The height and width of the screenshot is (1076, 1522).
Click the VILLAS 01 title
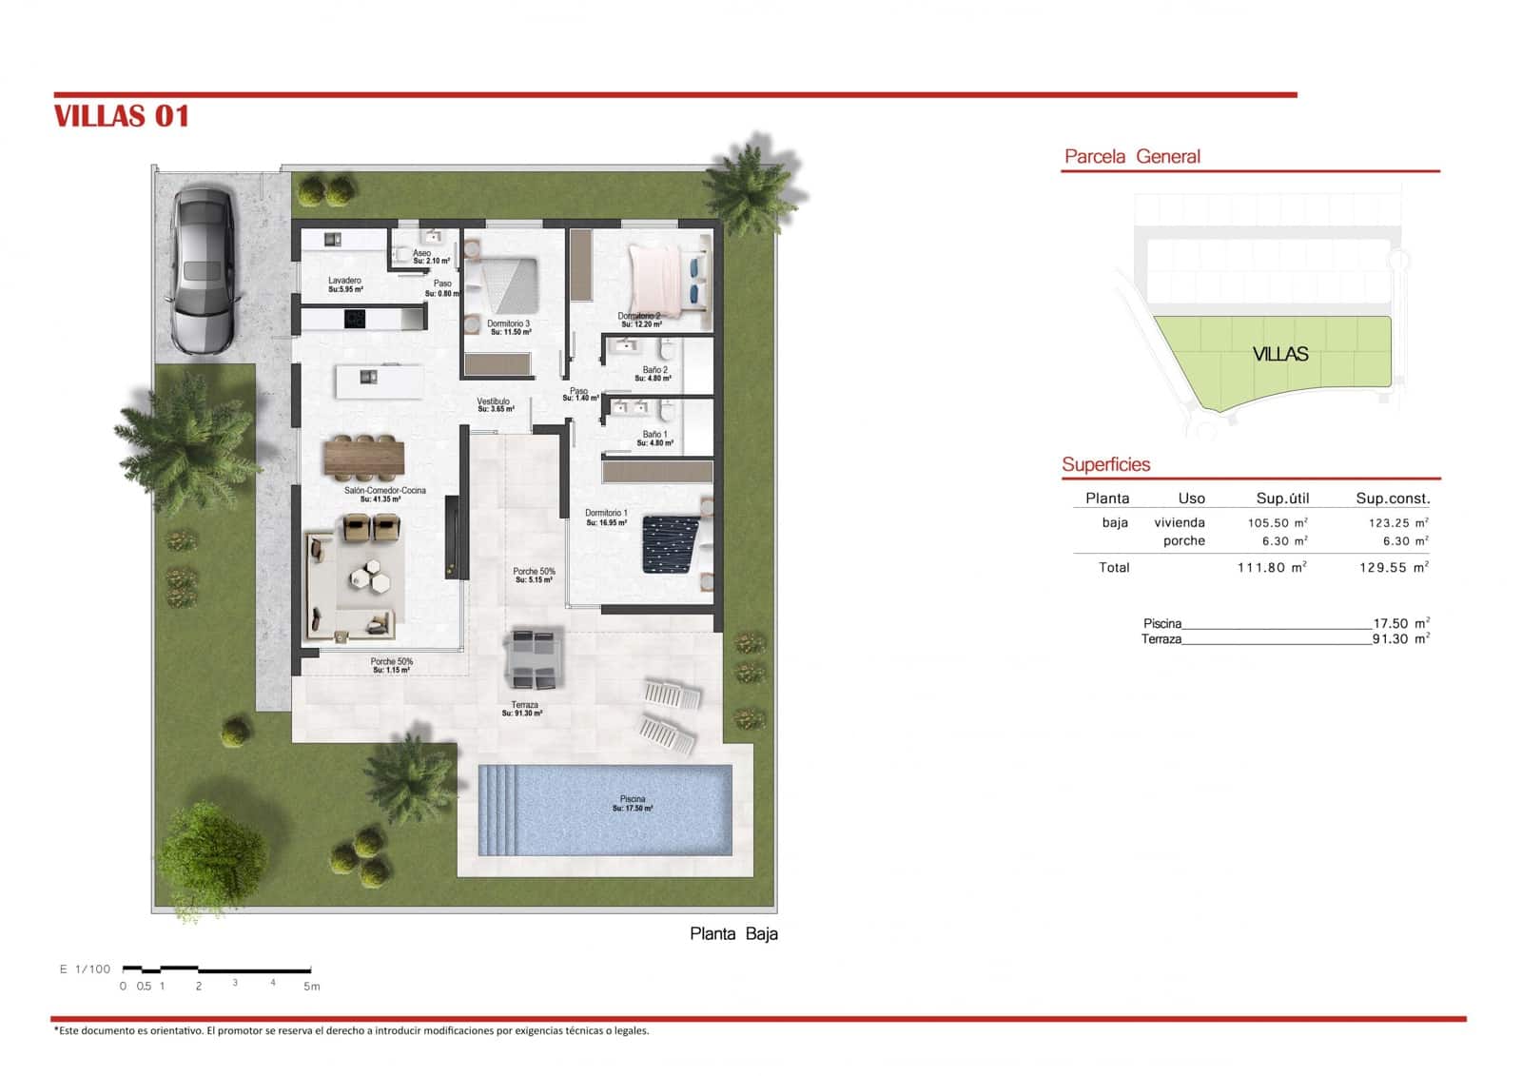(122, 116)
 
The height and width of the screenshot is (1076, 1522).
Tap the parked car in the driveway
(203, 269)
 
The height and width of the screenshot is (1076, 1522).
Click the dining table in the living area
(364, 458)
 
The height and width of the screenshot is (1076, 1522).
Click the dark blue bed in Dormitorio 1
(672, 544)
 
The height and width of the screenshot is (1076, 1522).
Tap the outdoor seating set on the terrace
(534, 658)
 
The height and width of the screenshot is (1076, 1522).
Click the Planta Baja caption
(733, 934)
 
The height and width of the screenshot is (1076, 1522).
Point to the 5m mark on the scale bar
(311, 987)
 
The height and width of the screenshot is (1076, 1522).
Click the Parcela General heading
(1132, 157)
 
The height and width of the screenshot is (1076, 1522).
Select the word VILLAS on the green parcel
(1280, 355)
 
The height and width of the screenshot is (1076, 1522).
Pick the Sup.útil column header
(1282, 499)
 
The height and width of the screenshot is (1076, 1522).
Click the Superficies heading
(1106, 465)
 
